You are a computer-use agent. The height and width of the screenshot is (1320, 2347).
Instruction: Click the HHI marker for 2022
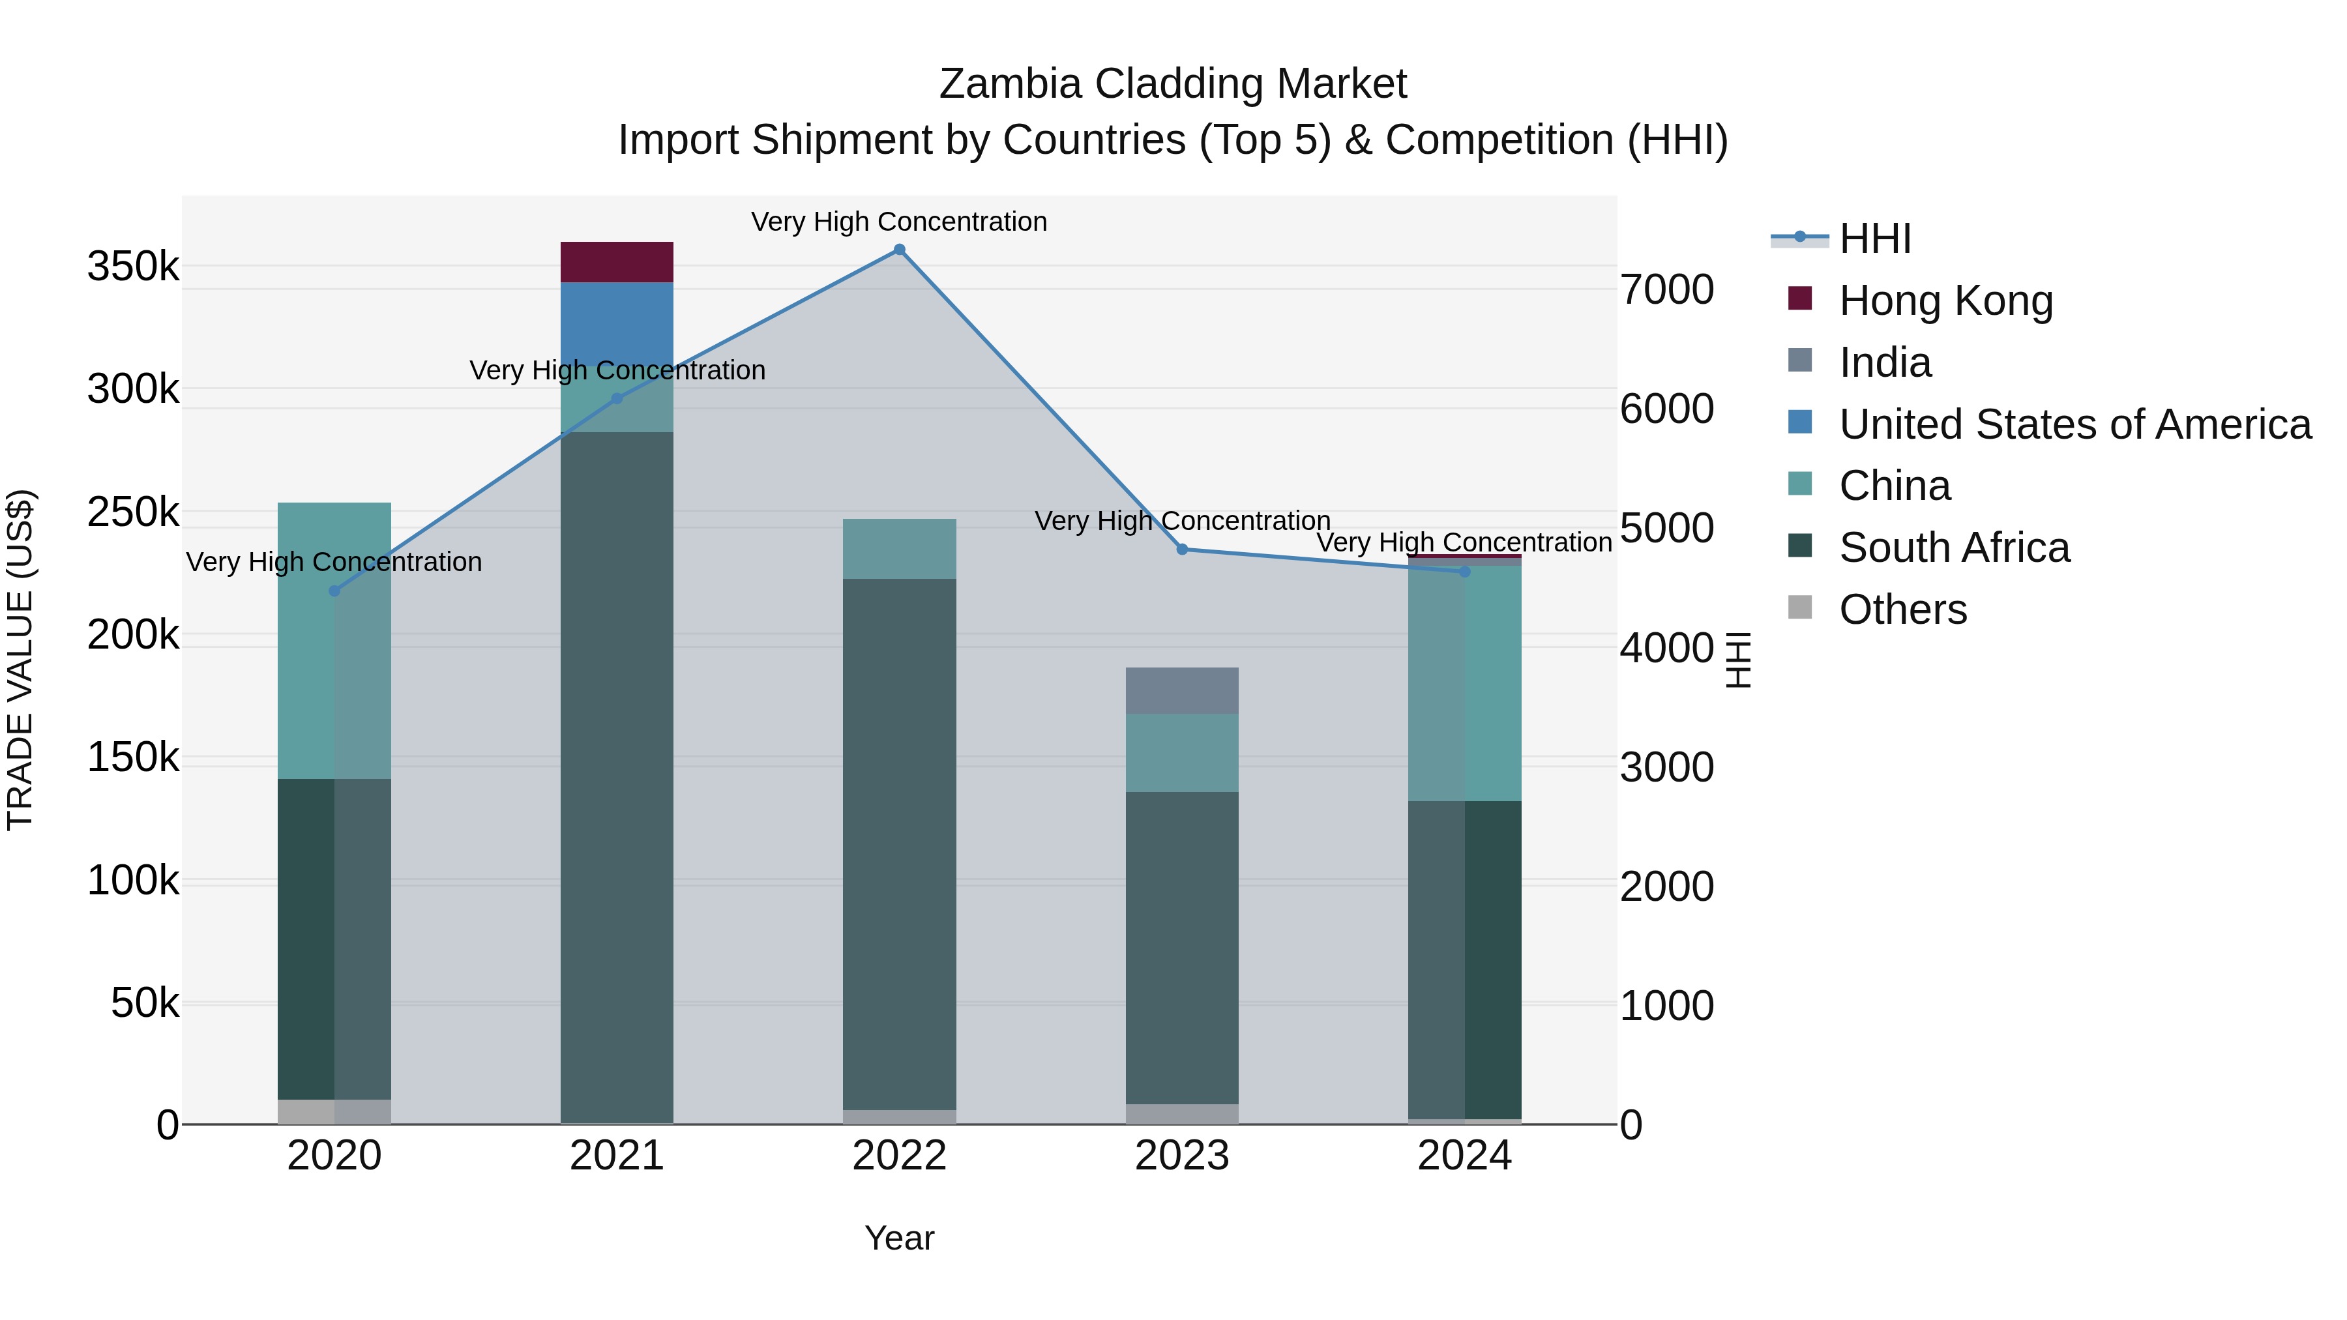tap(899, 250)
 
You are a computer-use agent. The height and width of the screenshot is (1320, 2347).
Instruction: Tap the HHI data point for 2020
tap(334, 591)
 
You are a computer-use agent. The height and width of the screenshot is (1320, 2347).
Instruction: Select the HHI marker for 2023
tap(1182, 550)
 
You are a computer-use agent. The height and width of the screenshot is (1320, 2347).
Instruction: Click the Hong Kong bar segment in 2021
tap(617, 262)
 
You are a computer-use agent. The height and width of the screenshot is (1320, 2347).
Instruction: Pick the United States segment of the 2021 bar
tap(617, 323)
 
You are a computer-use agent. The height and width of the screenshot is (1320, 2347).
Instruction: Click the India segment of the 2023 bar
tap(1182, 690)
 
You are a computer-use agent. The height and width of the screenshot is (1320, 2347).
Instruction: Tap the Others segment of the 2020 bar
tap(334, 1111)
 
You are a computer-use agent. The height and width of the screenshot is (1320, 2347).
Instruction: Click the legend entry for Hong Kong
tap(1945, 301)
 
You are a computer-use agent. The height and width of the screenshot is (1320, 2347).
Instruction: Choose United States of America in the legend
tap(2074, 424)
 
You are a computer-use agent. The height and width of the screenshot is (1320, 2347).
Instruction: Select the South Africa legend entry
tap(1955, 548)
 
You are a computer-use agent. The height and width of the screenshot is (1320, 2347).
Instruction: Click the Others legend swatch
tap(1799, 608)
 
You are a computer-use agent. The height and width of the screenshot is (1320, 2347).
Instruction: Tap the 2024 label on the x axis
tap(1464, 1156)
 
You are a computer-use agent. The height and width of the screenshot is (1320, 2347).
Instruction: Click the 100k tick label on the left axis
tap(133, 881)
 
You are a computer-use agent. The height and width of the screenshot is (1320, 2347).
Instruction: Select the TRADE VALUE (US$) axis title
tap(20, 660)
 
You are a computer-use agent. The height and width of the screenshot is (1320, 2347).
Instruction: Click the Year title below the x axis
tap(899, 1238)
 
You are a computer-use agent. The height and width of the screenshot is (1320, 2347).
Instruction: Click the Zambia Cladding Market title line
tap(1173, 84)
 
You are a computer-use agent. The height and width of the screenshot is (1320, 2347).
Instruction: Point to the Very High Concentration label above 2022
tap(899, 222)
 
